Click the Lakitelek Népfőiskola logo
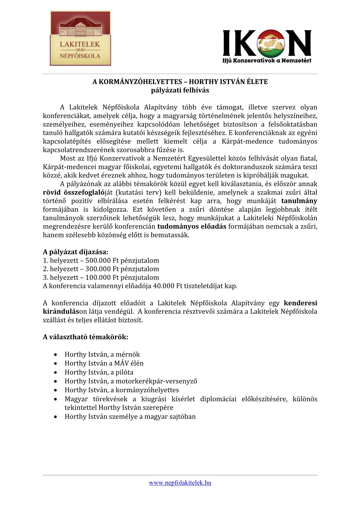[x=80, y=38]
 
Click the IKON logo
[x=267, y=46]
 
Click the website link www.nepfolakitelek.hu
[x=180, y=483]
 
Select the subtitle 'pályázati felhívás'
[x=180, y=90]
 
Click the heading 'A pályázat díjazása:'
[x=76, y=252]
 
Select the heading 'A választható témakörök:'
[x=86, y=337]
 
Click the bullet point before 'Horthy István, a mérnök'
[x=56, y=354]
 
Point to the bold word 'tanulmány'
[x=299, y=201]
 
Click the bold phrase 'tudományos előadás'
[x=192, y=227]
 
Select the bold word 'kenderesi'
[x=300, y=303]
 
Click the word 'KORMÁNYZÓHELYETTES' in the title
[x=140, y=82]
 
